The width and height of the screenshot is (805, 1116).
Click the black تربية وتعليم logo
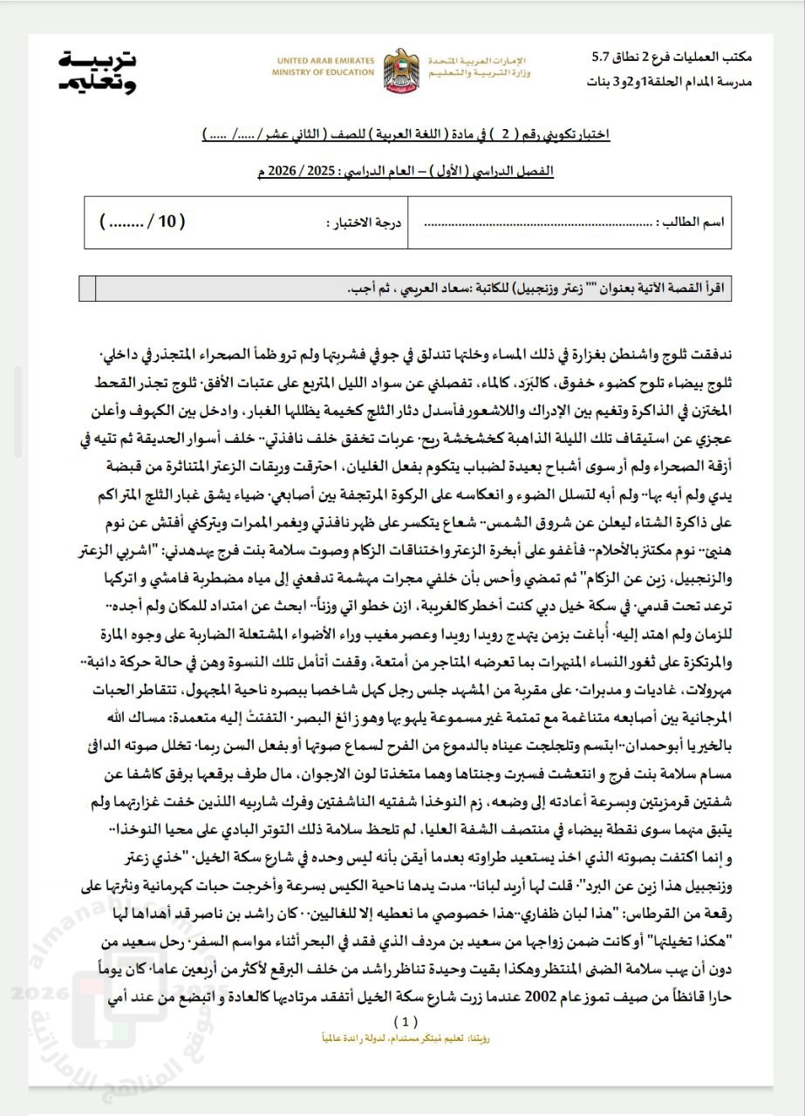pyautogui.click(x=99, y=71)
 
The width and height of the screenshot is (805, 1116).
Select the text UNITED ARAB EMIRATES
pyautogui.click(x=324, y=61)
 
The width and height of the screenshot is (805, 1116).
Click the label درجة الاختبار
pyautogui.click(x=365, y=222)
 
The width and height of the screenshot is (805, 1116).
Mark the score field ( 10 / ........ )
pyautogui.click(x=143, y=222)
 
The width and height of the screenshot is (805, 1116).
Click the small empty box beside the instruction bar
pyautogui.click(x=86, y=288)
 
